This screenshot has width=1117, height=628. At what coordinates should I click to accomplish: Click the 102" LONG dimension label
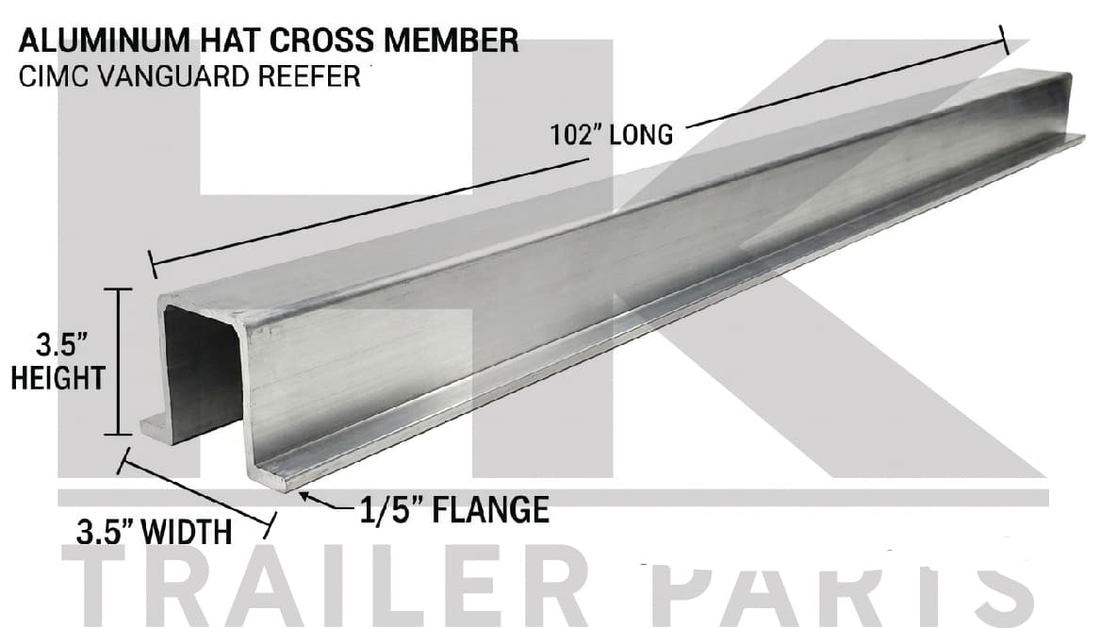pyautogui.click(x=611, y=134)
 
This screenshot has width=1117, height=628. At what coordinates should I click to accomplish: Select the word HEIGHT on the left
pyautogui.click(x=57, y=378)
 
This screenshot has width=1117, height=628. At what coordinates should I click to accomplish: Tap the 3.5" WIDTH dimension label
pyautogui.click(x=154, y=533)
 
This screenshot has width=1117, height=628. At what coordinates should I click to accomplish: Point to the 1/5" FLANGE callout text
pyautogui.click(x=454, y=510)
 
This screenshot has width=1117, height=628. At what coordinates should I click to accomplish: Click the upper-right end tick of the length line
pyautogui.click(x=1004, y=40)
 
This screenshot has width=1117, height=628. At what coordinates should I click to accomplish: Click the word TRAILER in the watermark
pyautogui.click(x=324, y=586)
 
